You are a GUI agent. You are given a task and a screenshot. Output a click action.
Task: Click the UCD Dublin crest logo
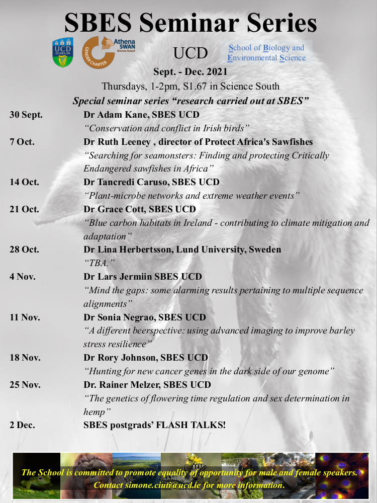pyautogui.click(x=63, y=52)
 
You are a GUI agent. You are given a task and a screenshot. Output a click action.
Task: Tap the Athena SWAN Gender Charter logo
pyautogui.click(x=108, y=52)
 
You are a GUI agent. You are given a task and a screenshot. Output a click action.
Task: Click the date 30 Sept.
pyautogui.click(x=26, y=115)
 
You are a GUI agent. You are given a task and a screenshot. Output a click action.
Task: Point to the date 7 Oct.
pyautogui.click(x=22, y=142)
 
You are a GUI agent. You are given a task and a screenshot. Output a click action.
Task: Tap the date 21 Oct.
pyautogui.click(x=24, y=209)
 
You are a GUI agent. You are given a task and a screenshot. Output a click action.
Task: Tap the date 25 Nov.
pyautogui.click(x=24, y=385)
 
